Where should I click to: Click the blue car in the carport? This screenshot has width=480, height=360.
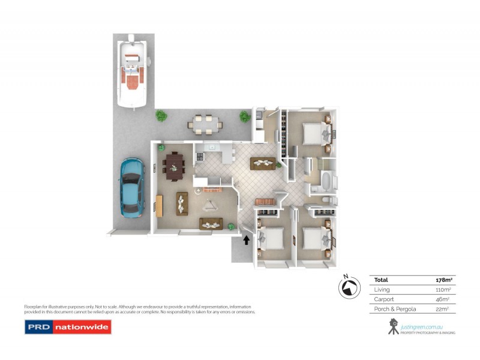[x=131, y=187]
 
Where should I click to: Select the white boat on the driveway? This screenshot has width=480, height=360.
[x=134, y=70]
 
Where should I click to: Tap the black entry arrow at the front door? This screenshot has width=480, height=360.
[x=245, y=240]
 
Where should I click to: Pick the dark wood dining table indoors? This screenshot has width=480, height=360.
[x=175, y=163]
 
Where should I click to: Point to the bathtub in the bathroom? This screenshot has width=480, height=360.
[x=327, y=181]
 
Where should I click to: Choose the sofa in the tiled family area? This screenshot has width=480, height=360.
[x=263, y=161]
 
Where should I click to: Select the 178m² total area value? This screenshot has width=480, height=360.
[x=443, y=280]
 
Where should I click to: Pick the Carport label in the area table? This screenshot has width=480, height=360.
[x=384, y=299]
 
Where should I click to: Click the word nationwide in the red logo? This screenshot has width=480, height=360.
[x=81, y=328]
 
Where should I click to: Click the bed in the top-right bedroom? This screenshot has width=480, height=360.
[x=313, y=131]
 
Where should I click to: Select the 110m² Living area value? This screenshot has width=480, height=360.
[x=443, y=289]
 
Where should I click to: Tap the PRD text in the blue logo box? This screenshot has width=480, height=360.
[x=38, y=328]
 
